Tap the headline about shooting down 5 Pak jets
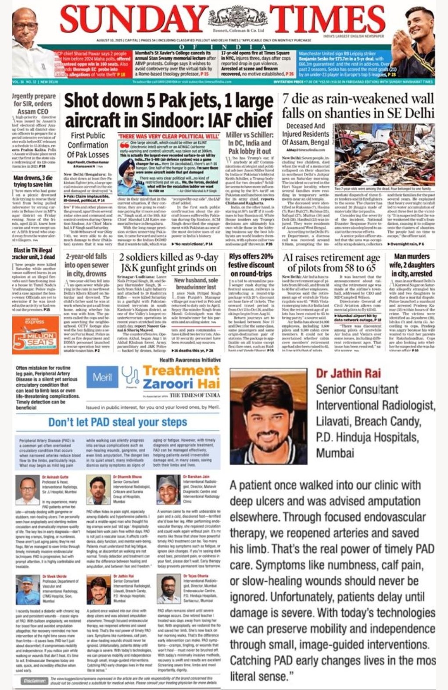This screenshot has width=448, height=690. coord(169,110)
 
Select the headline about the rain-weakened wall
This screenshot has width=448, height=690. coord(358,106)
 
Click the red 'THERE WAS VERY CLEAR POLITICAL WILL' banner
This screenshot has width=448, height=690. coord(169,136)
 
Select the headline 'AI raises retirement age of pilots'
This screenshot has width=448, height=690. coord(331,262)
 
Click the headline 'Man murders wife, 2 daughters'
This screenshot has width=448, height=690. coord(411,265)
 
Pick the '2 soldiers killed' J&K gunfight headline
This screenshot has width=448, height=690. coord(168,262)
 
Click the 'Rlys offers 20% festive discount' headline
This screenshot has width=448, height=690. coord(251,265)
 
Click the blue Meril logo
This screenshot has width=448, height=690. coord(102,377)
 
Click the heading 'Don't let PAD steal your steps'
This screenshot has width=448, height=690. coord(118,422)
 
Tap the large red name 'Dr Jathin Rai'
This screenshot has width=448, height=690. coord(348,373)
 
